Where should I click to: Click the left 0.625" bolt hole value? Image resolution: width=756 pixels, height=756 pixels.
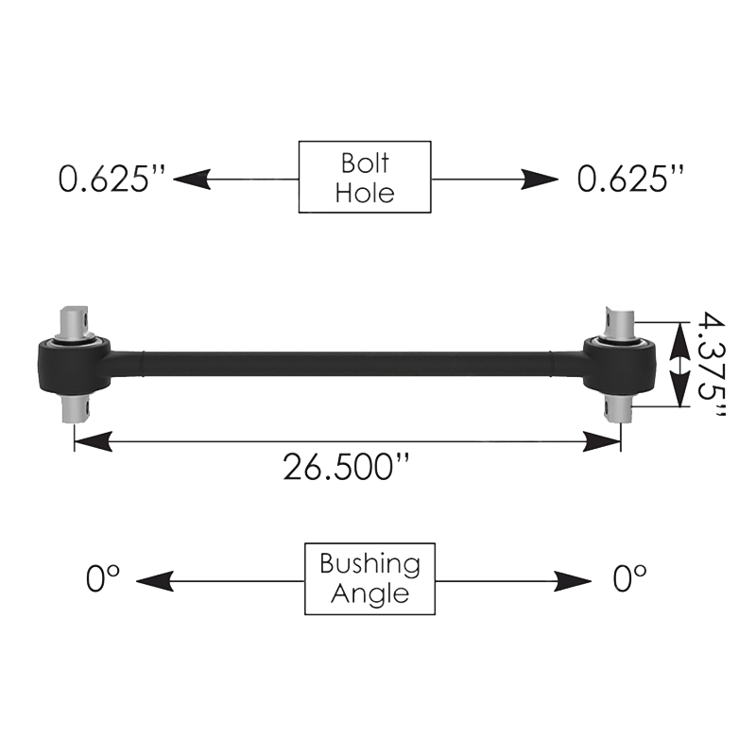112,178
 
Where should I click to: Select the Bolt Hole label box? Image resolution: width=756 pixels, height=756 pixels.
365,177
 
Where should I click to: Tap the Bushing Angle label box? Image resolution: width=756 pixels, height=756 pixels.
369,578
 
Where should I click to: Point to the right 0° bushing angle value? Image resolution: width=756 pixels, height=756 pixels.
629,578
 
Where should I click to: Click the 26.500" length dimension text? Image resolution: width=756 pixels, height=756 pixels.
351,466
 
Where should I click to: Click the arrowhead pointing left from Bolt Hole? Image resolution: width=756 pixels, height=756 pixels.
192,178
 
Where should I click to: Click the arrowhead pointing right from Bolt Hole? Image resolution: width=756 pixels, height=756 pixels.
540,178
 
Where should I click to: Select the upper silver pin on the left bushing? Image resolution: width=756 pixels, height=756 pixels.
75,322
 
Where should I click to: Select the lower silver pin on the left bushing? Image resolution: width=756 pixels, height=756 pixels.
75,409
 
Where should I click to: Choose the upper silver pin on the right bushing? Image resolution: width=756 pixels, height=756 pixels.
620,322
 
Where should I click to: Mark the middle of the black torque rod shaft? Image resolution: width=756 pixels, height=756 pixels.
346,363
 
